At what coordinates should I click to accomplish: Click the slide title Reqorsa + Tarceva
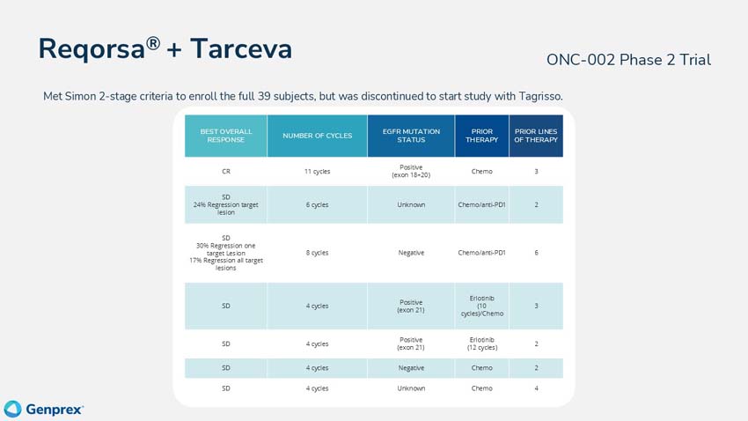click(x=165, y=49)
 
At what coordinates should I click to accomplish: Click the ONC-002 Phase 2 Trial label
click(x=628, y=60)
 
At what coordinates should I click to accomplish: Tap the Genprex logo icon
click(x=12, y=409)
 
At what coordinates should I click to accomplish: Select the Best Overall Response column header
click(x=225, y=136)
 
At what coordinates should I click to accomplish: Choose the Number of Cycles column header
click(x=317, y=136)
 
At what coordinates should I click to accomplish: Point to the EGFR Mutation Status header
click(x=411, y=136)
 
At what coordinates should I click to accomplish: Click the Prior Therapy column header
click(x=481, y=136)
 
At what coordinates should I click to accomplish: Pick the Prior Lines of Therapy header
click(x=536, y=136)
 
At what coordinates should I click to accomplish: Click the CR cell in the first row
click(x=225, y=172)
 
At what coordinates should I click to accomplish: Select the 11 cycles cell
click(x=317, y=172)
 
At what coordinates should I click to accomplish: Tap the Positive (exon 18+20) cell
click(x=411, y=172)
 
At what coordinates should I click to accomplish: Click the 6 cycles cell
click(x=317, y=204)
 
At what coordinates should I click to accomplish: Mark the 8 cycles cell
click(x=317, y=253)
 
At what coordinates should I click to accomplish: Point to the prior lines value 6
click(x=536, y=253)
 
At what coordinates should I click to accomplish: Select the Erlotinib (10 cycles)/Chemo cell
click(x=481, y=306)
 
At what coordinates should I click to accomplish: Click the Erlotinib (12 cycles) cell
click(x=481, y=343)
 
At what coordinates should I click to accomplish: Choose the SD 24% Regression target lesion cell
click(x=225, y=204)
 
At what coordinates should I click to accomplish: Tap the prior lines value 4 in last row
click(x=536, y=388)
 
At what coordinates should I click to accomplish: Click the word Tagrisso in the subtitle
click(x=534, y=96)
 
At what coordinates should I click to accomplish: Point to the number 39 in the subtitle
click(x=273, y=96)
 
